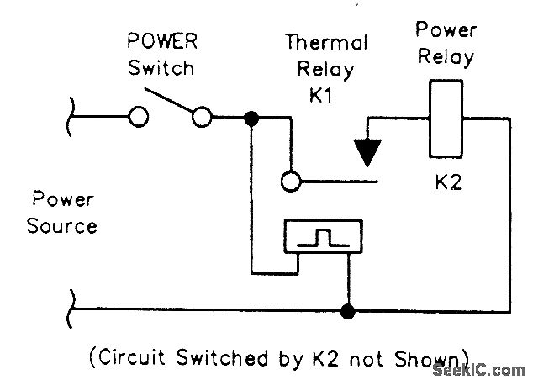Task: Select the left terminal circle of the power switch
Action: [139, 118]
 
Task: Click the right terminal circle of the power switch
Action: [202, 118]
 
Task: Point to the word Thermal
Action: [326, 42]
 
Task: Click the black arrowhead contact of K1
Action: [368, 148]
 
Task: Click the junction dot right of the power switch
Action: [250, 118]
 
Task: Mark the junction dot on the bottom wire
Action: [346, 311]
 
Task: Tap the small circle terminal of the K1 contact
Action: [290, 180]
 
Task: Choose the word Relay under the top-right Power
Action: [446, 57]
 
